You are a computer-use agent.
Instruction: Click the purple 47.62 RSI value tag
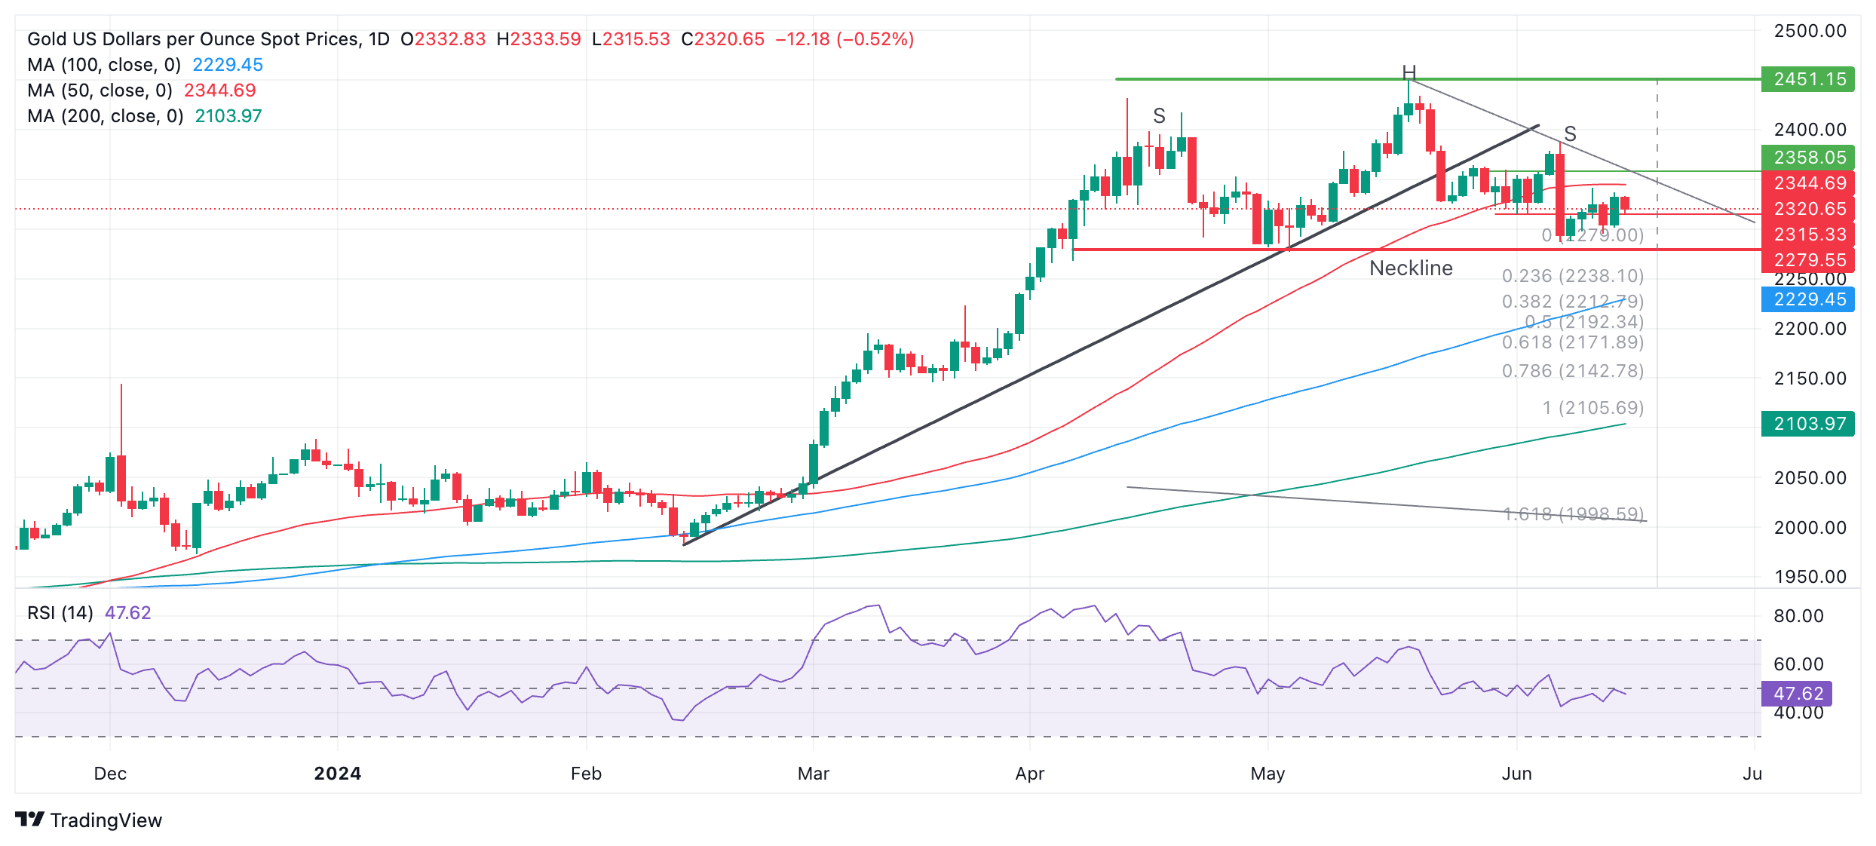(x=1797, y=693)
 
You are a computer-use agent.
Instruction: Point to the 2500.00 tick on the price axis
(x=1810, y=31)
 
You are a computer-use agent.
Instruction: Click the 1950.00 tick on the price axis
(x=1810, y=577)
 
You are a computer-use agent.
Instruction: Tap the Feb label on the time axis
(x=586, y=774)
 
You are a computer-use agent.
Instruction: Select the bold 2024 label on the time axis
(x=337, y=774)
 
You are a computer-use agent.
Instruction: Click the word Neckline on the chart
(x=1410, y=268)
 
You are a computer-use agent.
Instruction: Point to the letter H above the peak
(x=1409, y=72)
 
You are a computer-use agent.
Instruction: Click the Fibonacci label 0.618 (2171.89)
(x=1572, y=342)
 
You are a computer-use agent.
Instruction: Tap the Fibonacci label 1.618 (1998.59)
(x=1572, y=514)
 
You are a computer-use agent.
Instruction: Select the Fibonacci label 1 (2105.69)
(x=1592, y=408)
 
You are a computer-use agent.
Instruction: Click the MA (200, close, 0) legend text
(x=106, y=116)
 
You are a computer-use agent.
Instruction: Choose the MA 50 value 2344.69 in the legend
(x=219, y=90)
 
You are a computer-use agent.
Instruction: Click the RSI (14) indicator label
(x=60, y=613)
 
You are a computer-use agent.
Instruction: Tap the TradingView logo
(x=88, y=820)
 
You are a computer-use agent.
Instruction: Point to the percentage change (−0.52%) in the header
(x=875, y=39)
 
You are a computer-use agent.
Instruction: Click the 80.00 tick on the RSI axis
(x=1798, y=616)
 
